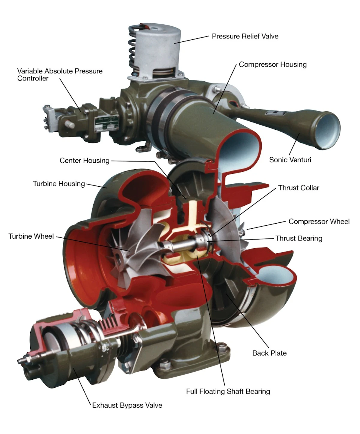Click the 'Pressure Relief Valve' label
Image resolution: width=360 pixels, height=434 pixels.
coord(245,36)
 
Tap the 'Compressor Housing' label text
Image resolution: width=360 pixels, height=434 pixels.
coord(272,65)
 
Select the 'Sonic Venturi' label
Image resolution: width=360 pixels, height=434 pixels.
coord(290,160)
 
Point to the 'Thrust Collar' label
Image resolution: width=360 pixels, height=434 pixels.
coord(298,188)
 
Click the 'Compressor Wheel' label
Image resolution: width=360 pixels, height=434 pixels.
coord(319,222)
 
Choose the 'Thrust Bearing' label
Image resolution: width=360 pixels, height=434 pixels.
coord(299,238)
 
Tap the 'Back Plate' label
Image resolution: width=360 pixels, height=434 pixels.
coord(269,353)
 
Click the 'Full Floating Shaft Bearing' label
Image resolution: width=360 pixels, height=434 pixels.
coord(228,392)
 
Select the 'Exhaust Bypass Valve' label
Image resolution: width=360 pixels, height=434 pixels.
coord(127,405)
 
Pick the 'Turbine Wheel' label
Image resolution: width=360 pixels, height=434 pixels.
coord(31,236)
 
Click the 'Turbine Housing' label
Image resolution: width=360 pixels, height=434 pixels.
coord(59,184)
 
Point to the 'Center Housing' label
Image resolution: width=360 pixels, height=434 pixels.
coord(84,161)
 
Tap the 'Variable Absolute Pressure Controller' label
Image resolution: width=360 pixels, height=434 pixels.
coord(60,75)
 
